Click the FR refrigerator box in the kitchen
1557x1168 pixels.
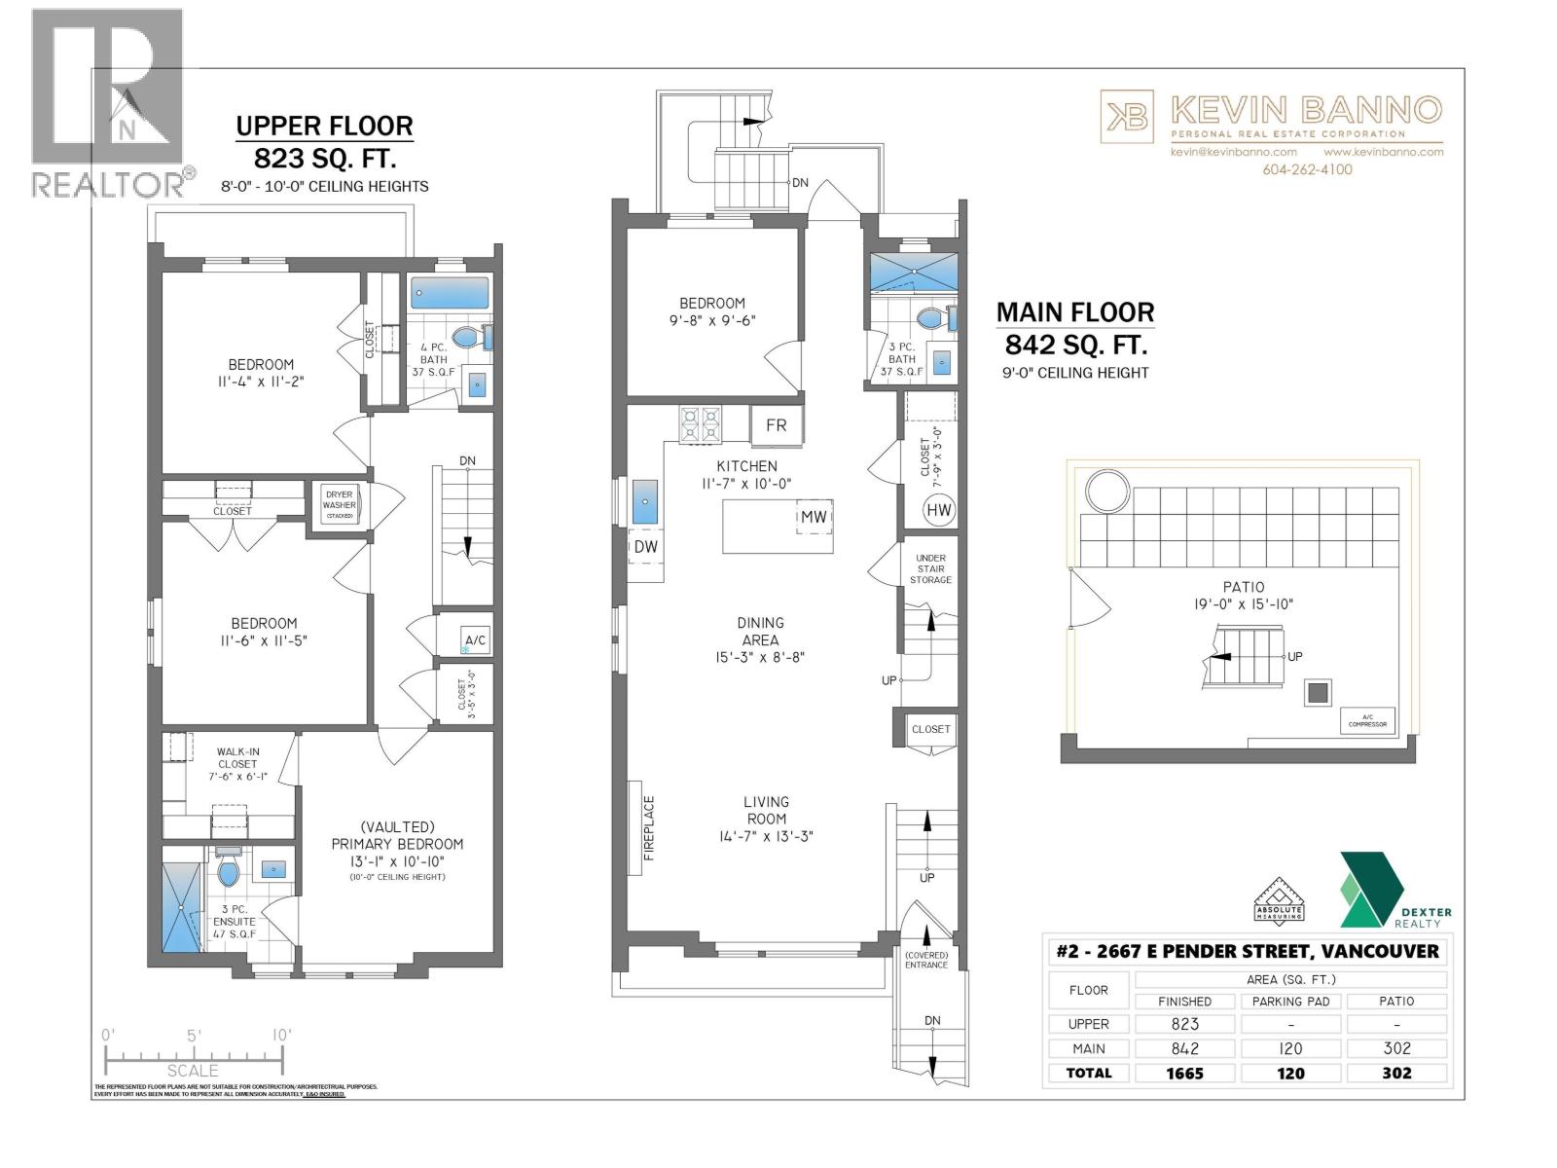click(x=777, y=425)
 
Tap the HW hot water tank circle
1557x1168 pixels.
click(x=939, y=510)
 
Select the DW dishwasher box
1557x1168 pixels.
click(x=645, y=547)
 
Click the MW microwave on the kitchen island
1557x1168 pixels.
click(x=814, y=517)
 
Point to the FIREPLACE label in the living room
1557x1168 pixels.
click(x=649, y=827)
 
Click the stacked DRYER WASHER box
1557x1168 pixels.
click(x=340, y=505)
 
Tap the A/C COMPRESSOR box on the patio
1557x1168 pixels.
click(x=1367, y=721)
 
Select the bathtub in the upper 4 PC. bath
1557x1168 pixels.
click(x=450, y=293)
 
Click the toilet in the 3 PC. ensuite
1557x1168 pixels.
click(x=229, y=872)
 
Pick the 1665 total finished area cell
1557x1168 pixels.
click(x=1185, y=1073)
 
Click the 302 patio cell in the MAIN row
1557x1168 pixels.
click(x=1396, y=1048)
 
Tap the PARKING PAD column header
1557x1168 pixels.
click(x=1290, y=1001)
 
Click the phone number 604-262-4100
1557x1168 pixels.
click(x=1307, y=169)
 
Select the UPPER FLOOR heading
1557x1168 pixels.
click(x=324, y=126)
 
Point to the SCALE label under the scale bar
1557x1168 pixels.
click(x=193, y=1071)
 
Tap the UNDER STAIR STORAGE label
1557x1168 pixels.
click(x=930, y=569)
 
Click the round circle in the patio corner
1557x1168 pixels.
click(x=1106, y=491)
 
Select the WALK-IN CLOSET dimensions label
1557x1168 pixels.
click(x=237, y=777)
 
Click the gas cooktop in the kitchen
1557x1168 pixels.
click(x=701, y=425)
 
